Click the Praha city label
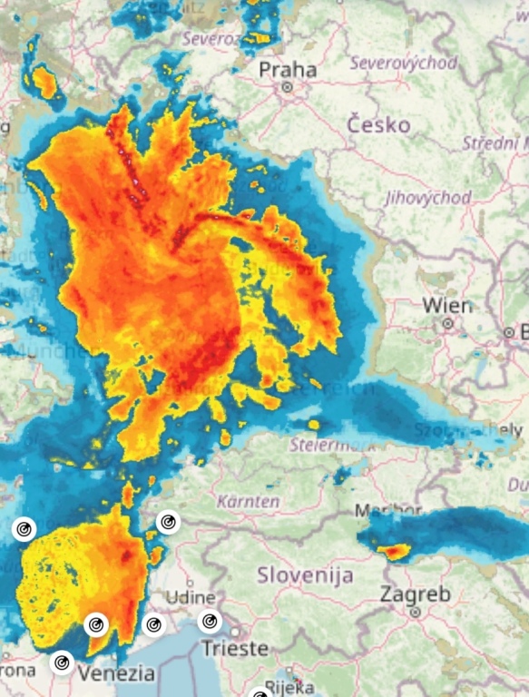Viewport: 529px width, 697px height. point(288,69)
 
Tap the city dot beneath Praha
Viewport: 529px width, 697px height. point(287,87)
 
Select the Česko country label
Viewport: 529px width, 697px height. point(378,124)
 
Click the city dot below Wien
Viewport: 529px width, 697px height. point(447,322)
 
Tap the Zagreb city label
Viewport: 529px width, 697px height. point(415,594)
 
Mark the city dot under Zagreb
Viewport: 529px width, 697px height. point(415,612)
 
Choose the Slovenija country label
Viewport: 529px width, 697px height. point(304,574)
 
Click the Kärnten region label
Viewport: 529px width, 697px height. point(247,500)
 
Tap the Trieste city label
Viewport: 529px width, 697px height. point(235,648)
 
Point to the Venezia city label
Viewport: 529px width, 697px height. point(116,673)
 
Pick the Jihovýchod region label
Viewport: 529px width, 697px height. point(428,197)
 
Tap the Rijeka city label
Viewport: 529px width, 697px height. point(289,687)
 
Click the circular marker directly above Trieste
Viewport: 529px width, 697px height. point(210,622)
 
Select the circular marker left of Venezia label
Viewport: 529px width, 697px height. point(62,663)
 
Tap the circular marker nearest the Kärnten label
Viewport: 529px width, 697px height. point(168,522)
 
